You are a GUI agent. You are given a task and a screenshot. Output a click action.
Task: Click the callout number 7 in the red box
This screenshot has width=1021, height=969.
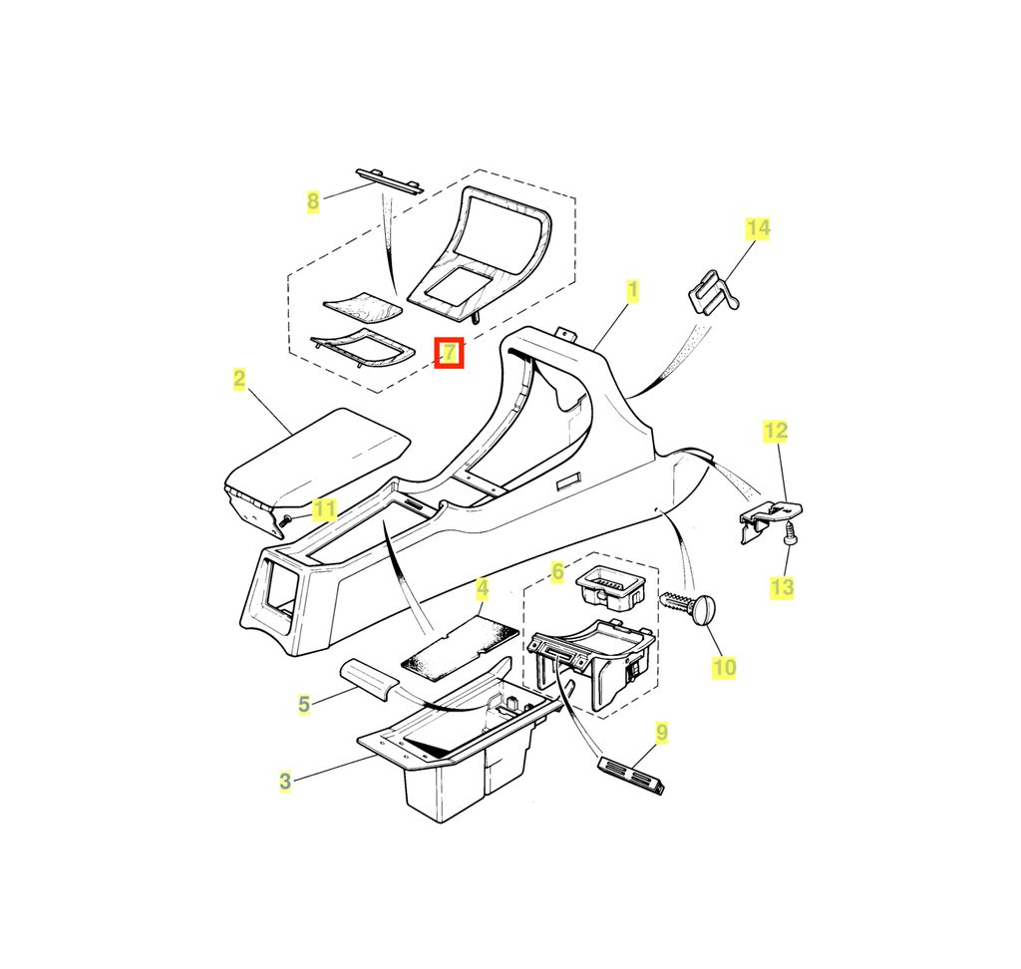point(450,353)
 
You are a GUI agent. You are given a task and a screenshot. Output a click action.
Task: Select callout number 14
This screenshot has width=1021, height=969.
point(758,228)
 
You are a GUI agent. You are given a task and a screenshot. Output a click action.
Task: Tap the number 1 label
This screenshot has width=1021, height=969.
point(632,290)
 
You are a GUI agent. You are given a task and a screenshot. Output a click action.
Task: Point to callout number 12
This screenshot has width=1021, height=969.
point(776,431)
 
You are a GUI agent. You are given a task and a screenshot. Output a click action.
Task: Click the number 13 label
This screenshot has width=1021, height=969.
point(782,588)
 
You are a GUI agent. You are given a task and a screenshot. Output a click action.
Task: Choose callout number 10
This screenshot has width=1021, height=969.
point(724,668)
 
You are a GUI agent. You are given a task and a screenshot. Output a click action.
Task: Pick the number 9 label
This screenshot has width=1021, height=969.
point(662,733)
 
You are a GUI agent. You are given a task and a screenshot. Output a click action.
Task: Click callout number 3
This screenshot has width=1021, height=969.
point(285,781)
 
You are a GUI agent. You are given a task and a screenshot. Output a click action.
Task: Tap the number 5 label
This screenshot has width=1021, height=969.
point(304,704)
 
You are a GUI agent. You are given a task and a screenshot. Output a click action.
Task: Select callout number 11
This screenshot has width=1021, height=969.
point(324,509)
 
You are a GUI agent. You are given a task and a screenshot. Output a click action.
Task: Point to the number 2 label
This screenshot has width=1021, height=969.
point(239,379)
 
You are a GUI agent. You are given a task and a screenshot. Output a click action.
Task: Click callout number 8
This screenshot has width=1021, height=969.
point(313,201)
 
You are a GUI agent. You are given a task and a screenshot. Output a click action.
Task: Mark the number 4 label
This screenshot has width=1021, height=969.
point(482,589)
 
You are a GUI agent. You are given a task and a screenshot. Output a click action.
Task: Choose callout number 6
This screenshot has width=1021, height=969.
point(557,572)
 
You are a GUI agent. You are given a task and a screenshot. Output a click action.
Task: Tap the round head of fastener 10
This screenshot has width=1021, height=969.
point(705,610)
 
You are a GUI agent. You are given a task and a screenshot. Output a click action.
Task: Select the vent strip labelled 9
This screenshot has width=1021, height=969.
point(631,776)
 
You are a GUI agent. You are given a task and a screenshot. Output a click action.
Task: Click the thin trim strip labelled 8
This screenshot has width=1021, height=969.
point(390,181)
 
